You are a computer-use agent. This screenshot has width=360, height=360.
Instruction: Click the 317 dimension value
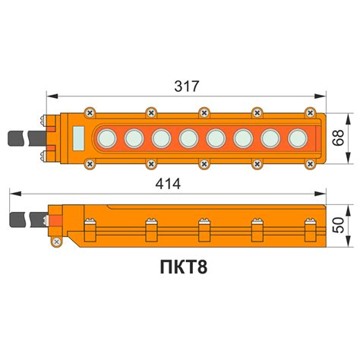point(187,87)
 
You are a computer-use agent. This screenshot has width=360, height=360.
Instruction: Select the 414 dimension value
point(168,184)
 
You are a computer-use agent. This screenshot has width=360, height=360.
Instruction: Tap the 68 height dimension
point(339,137)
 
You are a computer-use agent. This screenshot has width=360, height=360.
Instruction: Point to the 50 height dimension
point(339,225)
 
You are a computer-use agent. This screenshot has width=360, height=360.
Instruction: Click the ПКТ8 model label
point(184,267)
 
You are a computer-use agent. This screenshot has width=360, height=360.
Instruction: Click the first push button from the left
point(107,138)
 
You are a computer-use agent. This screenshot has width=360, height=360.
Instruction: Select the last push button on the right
point(298,138)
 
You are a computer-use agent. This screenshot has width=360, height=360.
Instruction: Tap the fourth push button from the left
point(189,138)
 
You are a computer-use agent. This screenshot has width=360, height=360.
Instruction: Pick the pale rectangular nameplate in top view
point(78,139)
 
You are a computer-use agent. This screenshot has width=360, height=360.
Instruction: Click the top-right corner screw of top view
point(310,112)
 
